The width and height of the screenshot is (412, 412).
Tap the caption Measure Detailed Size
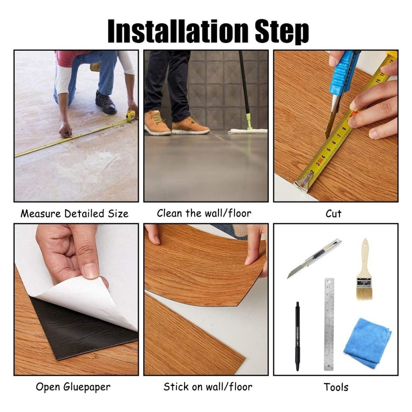[75, 214]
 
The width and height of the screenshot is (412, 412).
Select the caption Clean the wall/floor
[204, 213]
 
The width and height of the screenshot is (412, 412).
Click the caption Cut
[333, 214]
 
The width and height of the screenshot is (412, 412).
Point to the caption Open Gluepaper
[73, 387]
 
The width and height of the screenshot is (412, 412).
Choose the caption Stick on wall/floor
[208, 387]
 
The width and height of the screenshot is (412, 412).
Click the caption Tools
[336, 387]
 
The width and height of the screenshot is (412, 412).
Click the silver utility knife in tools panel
[314, 259]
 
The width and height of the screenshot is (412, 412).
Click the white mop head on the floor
[247, 131]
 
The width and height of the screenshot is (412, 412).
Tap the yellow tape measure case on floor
[131, 116]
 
